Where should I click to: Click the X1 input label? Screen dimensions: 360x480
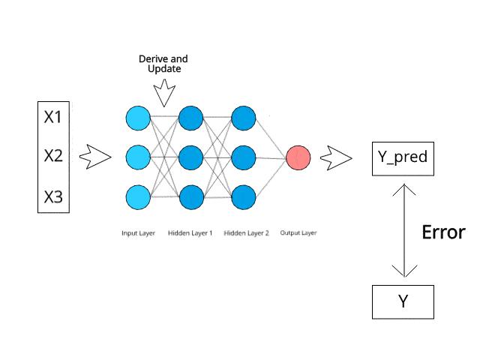(54, 118)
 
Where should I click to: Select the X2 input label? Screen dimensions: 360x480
(54, 157)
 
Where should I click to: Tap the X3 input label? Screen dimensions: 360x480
(54, 197)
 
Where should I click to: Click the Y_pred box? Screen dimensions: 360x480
(403, 157)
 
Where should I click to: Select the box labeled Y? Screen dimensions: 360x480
(403, 301)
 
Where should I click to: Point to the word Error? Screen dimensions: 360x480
(443, 232)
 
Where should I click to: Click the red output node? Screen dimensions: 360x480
(298, 157)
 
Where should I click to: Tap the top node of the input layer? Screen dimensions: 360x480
(139, 118)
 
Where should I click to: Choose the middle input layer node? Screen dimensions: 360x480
(139, 157)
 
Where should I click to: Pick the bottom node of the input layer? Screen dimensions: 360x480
(139, 197)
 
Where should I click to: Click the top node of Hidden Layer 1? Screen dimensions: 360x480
(190, 118)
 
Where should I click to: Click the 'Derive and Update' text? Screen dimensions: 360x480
(163, 64)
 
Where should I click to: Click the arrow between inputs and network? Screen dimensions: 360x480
(94, 157)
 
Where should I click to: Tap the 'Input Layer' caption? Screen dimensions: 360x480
(138, 233)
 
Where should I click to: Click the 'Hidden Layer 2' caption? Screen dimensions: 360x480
(246, 233)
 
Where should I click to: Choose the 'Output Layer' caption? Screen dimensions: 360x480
(298, 233)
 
